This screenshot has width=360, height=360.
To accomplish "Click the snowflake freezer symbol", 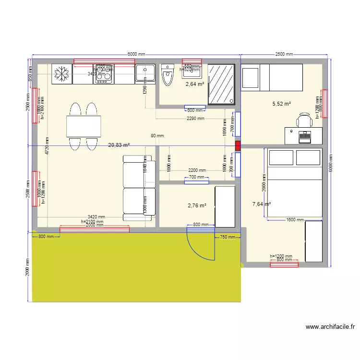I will pyautogui.click(x=61, y=74).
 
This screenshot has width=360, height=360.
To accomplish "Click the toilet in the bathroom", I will pyautogui.click(x=167, y=75).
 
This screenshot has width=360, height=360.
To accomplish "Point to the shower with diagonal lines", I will pyautogui.click(x=222, y=84).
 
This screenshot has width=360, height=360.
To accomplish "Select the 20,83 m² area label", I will pyautogui.click(x=119, y=145).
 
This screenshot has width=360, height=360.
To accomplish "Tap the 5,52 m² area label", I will pyautogui.click(x=282, y=104).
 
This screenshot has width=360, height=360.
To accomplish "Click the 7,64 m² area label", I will pyautogui.click(x=262, y=204).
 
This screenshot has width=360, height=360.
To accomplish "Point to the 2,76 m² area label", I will pyautogui.click(x=197, y=205).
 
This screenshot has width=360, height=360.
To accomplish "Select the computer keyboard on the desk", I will pyautogui.click(x=305, y=137).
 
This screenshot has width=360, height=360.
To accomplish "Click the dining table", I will pyautogui.click(x=84, y=127).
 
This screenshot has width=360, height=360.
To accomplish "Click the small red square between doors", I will pyautogui.click(x=238, y=145).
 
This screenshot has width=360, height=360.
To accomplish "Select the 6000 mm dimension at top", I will pyautogui.click(x=136, y=55).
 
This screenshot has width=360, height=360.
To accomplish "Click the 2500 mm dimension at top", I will pyautogui.click(x=284, y=55).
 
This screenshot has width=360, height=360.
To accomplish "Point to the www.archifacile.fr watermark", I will pyautogui.click(x=330, y=327).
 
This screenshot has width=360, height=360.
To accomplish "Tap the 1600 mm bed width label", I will pyautogui.click(x=294, y=220).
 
